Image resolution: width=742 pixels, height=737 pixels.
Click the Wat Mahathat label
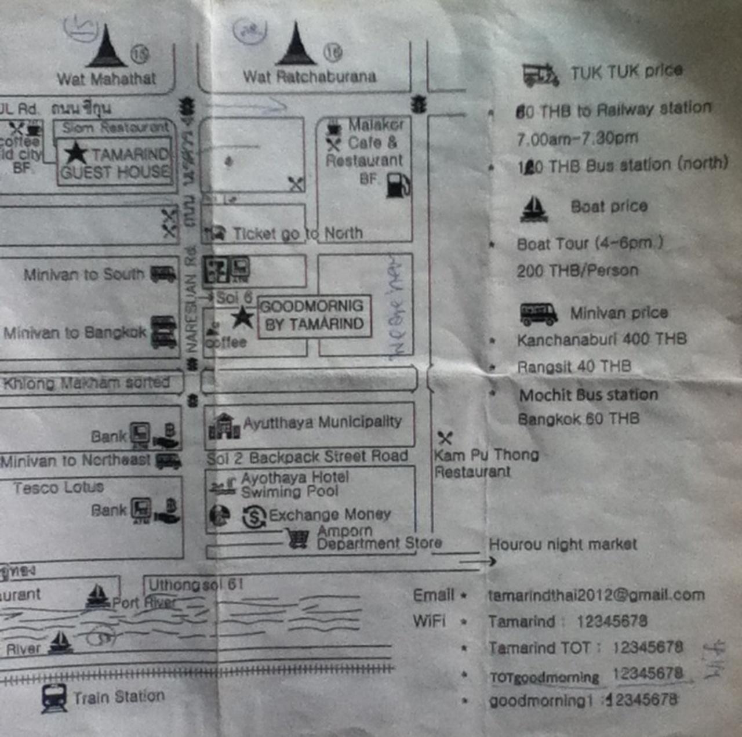(x=107, y=78)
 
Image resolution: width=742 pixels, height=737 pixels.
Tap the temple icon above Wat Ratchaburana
(x=296, y=45)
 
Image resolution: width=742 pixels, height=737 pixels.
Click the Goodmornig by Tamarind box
(x=314, y=315)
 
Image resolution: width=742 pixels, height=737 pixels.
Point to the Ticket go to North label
(x=297, y=233)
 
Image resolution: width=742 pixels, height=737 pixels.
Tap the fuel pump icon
(x=398, y=185)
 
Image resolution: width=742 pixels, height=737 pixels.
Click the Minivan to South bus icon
(x=163, y=274)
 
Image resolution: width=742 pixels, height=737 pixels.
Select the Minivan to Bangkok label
(x=75, y=333)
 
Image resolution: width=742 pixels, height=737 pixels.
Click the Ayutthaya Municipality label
(x=322, y=422)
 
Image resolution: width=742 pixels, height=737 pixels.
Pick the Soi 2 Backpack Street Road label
(x=307, y=457)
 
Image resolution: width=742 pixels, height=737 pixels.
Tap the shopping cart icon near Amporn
(x=297, y=539)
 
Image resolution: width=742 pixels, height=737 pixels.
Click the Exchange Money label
(x=329, y=514)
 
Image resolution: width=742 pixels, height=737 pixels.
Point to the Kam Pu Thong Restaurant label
(x=486, y=463)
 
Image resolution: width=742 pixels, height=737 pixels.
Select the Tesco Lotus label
(x=59, y=488)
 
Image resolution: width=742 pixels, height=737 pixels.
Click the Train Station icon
(x=54, y=698)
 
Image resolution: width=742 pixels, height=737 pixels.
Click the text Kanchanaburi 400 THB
(x=601, y=339)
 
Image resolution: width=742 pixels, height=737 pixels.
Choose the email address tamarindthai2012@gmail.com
(x=596, y=595)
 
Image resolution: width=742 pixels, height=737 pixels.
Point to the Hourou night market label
(x=562, y=544)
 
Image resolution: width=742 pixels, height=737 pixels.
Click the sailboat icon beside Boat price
(x=534, y=209)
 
